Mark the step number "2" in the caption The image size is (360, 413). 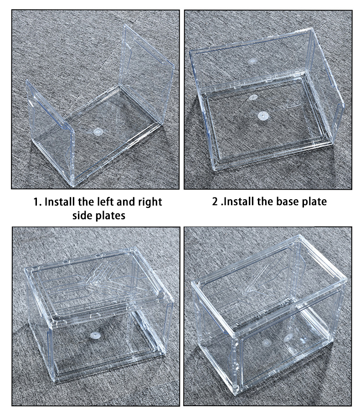coord(215,201)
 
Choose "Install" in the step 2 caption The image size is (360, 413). coord(240,201)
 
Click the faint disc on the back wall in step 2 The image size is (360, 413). coord(252,60)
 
